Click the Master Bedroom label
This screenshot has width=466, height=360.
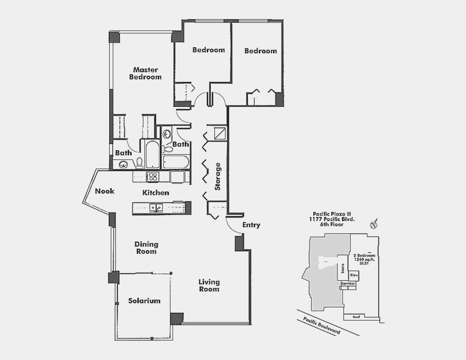point(146,73)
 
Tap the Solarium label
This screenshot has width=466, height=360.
point(144,301)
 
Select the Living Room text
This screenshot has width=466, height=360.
point(209,286)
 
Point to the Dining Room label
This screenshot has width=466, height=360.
point(146,248)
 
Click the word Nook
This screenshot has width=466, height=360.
point(105,191)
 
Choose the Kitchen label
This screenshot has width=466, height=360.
point(156,193)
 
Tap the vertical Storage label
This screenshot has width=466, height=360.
point(218,177)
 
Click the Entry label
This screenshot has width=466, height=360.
point(251,225)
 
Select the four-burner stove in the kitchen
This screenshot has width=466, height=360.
point(153,177)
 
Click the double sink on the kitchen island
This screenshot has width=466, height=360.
point(156,207)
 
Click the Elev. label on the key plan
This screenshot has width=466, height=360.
point(354,275)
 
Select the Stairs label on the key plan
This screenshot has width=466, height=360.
point(343,268)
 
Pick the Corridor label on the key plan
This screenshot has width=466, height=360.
point(348,284)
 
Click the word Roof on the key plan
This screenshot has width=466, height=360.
point(356,317)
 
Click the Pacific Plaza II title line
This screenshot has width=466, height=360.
point(332,214)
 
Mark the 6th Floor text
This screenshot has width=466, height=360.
point(332,224)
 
